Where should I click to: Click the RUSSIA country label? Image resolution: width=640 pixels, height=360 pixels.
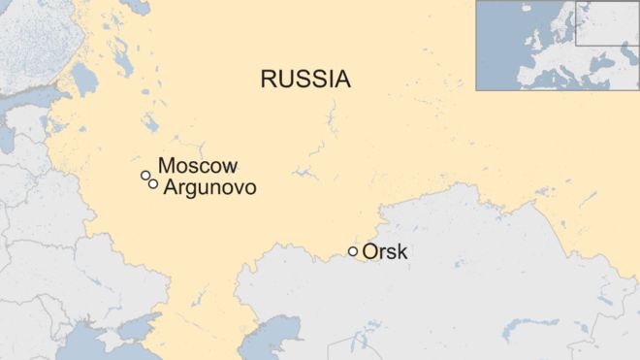tap(304, 80)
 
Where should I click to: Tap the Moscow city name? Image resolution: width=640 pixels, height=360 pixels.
tap(198, 167)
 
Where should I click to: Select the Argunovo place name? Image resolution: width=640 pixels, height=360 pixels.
tap(210, 187)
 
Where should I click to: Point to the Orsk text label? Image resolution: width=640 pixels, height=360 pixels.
tap(385, 253)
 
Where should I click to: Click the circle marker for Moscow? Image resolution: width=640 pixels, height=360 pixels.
tap(145, 176)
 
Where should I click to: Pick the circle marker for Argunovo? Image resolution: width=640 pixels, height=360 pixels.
tap(153, 184)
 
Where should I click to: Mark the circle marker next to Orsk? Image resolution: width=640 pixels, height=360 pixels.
tap(353, 252)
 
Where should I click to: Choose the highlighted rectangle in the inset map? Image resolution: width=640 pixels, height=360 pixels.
tap(606, 23)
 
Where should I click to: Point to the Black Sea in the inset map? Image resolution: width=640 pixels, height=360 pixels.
tap(607, 68)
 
